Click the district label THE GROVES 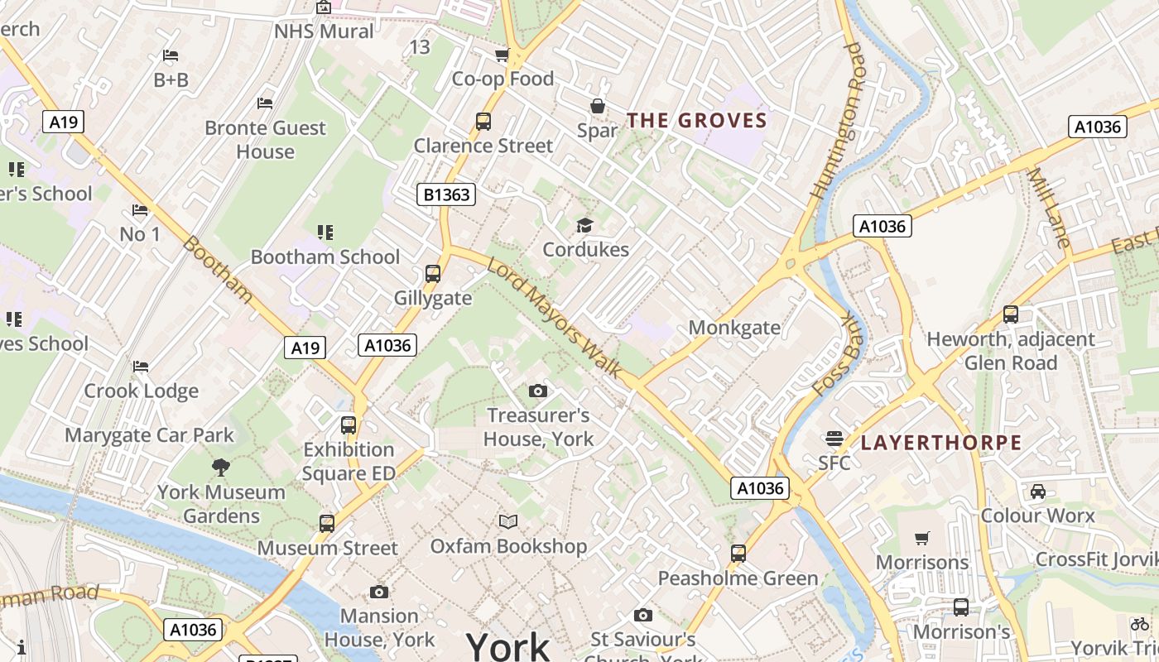click(696, 121)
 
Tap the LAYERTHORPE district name click(941, 443)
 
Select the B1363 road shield click(446, 195)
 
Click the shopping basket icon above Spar click(597, 106)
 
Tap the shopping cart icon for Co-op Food click(502, 55)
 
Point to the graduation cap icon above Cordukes click(585, 225)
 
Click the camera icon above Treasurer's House click(538, 391)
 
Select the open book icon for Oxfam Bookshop click(508, 521)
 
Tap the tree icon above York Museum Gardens click(221, 468)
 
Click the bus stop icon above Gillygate click(432, 274)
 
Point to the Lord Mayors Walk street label click(554, 319)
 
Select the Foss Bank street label click(839, 354)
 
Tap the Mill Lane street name click(1049, 208)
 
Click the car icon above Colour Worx click(1038, 492)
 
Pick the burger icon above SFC click(834, 438)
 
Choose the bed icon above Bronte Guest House click(265, 103)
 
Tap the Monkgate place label click(734, 328)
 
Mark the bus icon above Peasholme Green click(738, 553)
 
